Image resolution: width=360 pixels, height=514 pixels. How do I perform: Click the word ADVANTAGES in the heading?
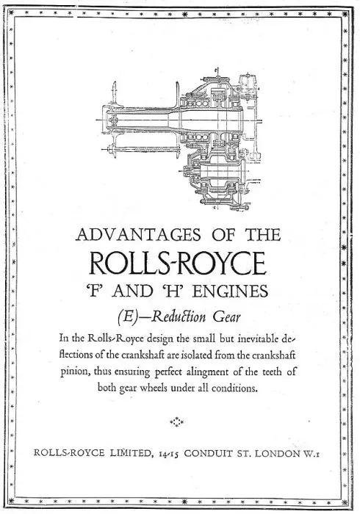138,235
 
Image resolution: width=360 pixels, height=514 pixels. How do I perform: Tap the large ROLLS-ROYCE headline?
178,263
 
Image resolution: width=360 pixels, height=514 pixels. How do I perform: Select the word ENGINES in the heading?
230,292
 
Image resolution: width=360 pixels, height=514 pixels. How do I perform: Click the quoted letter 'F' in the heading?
96,292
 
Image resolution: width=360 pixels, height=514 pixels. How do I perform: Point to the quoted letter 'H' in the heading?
170,292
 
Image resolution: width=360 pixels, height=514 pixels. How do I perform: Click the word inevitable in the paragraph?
258,339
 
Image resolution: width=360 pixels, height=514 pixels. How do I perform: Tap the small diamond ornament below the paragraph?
177,422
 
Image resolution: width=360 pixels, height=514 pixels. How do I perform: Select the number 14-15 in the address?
168,454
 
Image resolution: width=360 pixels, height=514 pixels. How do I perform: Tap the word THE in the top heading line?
263,235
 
